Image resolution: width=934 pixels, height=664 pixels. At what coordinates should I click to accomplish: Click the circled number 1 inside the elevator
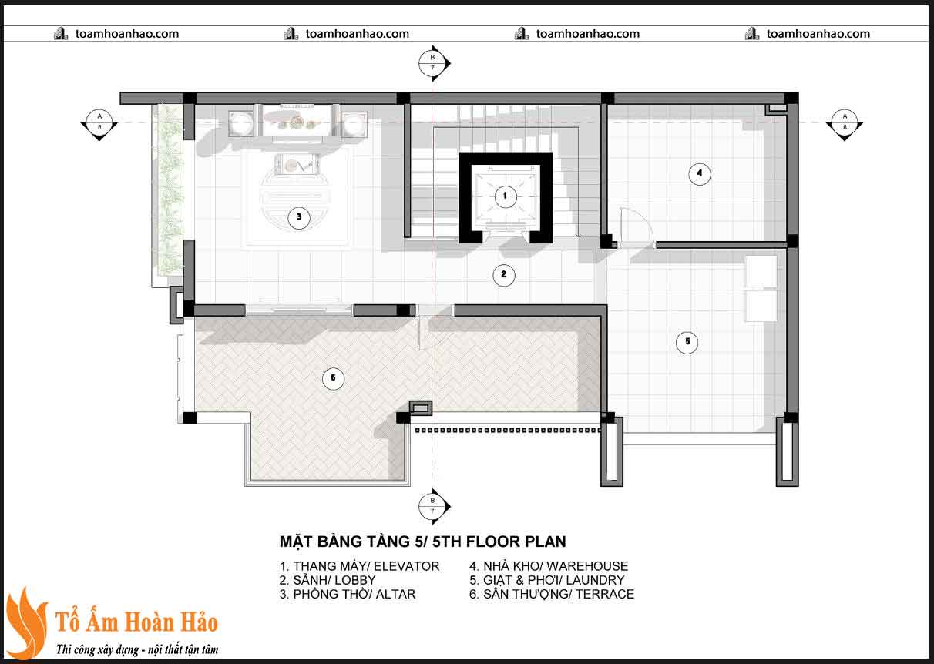pyautogui.click(x=505, y=196)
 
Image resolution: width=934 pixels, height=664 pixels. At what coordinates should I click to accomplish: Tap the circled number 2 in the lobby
pyautogui.click(x=503, y=275)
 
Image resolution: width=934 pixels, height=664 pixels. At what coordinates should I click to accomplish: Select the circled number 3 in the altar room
pyautogui.click(x=299, y=217)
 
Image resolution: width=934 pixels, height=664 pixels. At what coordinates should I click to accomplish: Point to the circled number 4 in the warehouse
pyautogui.click(x=699, y=174)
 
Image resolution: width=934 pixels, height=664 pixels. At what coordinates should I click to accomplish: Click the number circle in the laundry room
pyautogui.click(x=687, y=342)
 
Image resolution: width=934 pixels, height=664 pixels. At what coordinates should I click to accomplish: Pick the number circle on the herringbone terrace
pyautogui.click(x=332, y=378)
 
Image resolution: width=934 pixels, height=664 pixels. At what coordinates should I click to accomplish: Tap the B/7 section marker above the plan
pyautogui.click(x=432, y=63)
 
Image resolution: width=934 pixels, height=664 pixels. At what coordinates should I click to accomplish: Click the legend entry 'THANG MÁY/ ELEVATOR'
pyautogui.click(x=359, y=566)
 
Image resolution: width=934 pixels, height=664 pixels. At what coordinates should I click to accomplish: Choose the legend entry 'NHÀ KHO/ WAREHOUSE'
pyautogui.click(x=549, y=566)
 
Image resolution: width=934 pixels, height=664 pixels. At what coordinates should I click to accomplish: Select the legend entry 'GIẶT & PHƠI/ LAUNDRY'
pyautogui.click(x=547, y=580)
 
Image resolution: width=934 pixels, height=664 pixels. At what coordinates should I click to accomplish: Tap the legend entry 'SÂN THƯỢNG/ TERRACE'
pyautogui.click(x=552, y=594)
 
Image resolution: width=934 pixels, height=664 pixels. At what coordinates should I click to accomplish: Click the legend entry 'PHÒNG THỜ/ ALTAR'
pyautogui.click(x=348, y=594)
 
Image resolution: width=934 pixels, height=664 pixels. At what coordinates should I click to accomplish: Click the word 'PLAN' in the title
pyautogui.click(x=543, y=542)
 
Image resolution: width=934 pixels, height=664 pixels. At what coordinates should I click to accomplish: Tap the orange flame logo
pyautogui.click(x=26, y=623)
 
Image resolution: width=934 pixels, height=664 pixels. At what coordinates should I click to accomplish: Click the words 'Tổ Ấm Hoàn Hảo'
pyautogui.click(x=137, y=622)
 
